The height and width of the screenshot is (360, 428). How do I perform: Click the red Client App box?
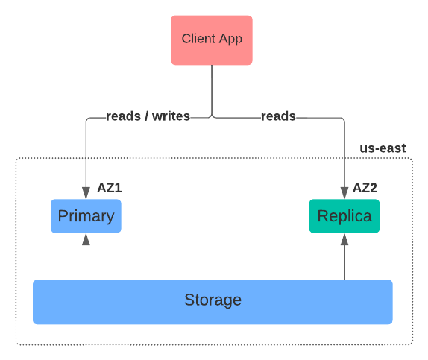[212, 40]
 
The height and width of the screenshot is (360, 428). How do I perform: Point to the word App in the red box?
[230, 40]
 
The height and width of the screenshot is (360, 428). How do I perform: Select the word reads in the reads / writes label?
[124, 116]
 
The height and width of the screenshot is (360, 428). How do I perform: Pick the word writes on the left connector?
[171, 116]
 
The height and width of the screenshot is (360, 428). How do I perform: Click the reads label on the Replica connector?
[278, 116]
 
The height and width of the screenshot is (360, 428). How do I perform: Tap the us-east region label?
[383, 148]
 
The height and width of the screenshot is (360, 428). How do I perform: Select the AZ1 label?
[109, 188]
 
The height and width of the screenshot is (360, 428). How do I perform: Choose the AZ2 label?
[365, 188]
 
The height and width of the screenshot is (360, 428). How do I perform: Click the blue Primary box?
[86, 216]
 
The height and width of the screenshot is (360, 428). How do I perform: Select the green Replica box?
[344, 216]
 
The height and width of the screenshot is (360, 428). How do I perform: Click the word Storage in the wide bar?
[213, 300]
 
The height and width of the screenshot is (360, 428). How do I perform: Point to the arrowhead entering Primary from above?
[86, 194]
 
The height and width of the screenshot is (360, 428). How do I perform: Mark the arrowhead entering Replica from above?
[344, 194]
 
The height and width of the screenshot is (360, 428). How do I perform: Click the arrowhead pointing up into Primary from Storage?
[86, 239]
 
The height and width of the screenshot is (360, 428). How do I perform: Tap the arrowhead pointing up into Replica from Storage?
[344, 239]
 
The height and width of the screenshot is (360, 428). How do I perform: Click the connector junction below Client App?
[212, 116]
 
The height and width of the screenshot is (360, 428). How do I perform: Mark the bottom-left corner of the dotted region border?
[17, 344]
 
